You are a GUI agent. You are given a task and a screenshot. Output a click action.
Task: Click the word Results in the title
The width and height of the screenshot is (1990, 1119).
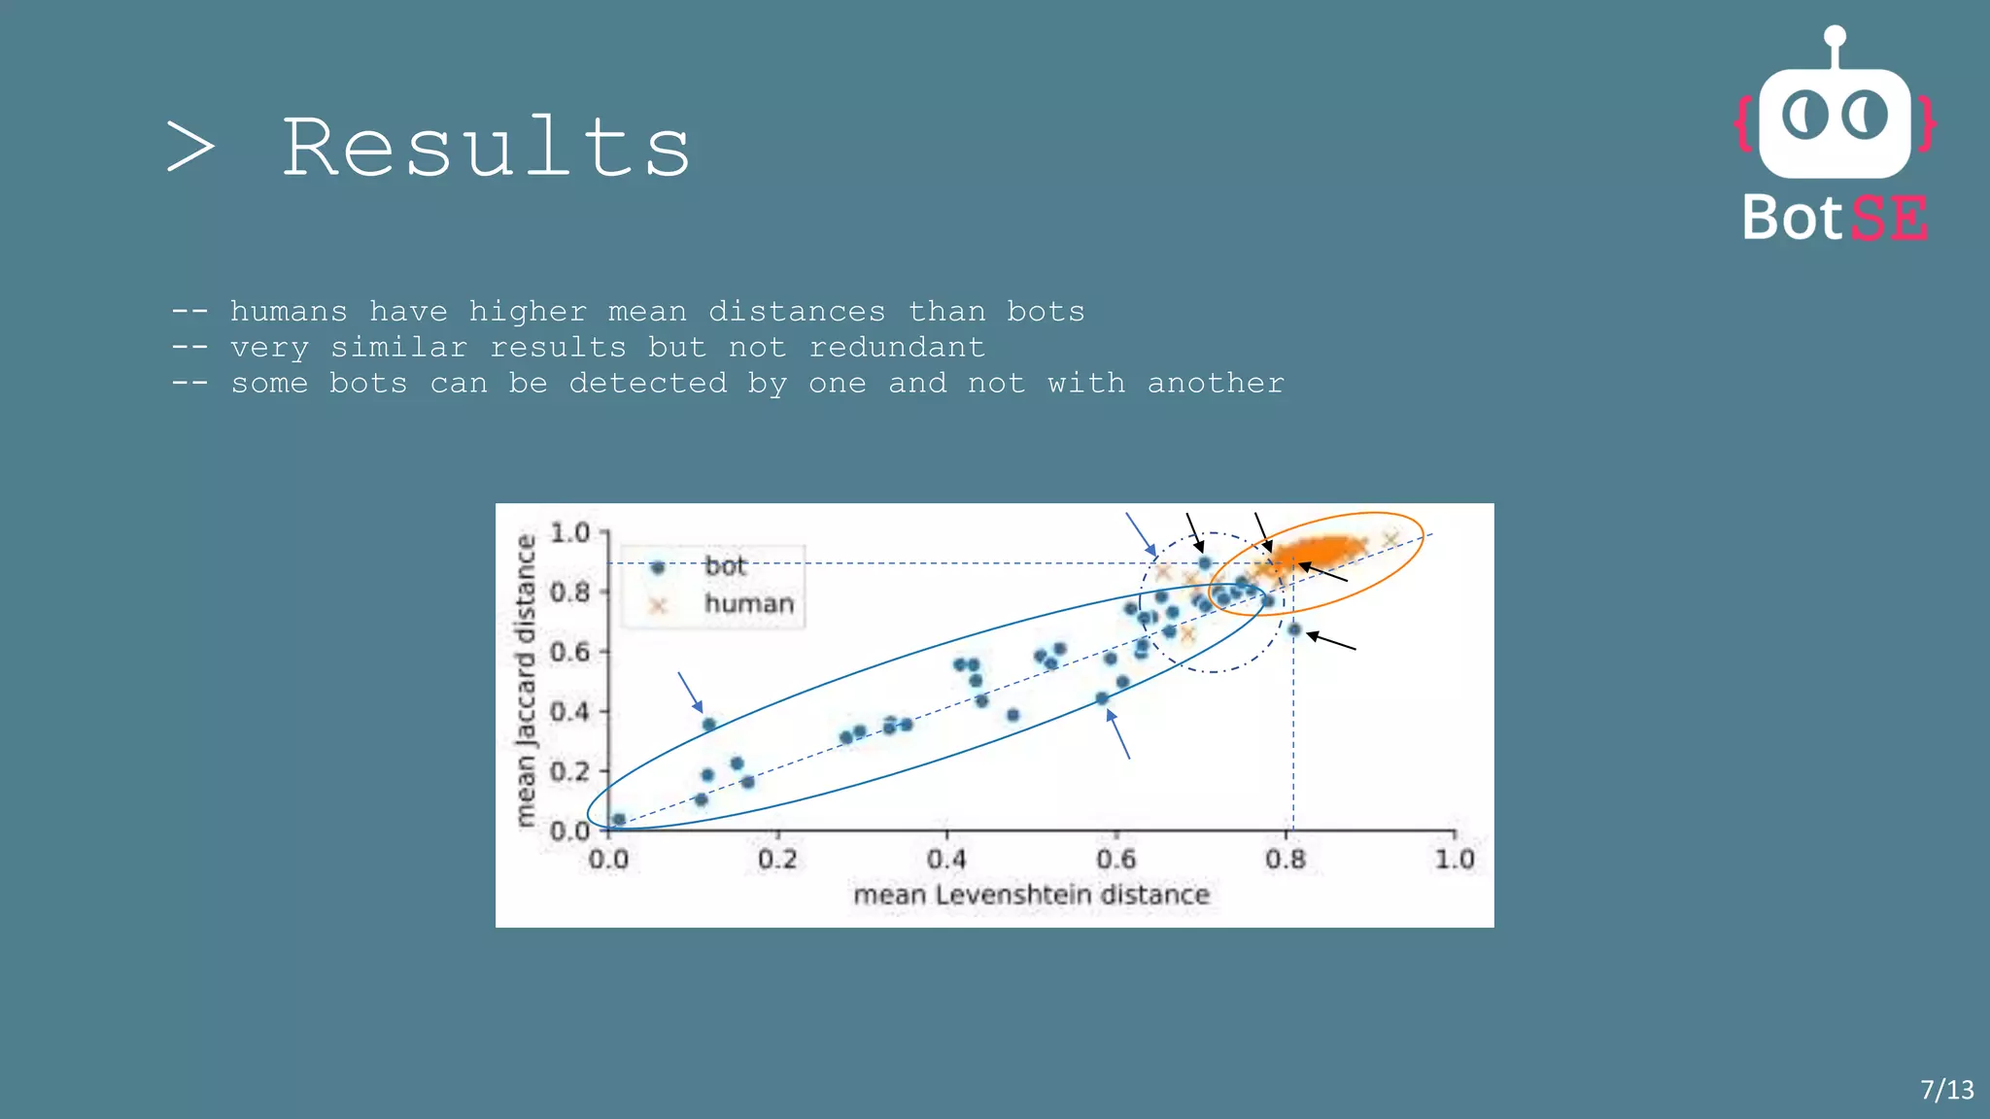(x=486, y=148)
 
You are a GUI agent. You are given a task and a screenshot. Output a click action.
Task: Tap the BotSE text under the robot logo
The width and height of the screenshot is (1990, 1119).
(x=1835, y=218)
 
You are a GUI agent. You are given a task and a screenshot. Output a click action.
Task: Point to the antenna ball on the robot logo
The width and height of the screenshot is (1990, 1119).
(x=1835, y=37)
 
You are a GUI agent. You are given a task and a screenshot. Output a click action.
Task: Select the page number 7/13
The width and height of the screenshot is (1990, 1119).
(x=1946, y=1089)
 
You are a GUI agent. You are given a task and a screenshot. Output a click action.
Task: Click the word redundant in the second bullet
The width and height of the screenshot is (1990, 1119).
(x=896, y=347)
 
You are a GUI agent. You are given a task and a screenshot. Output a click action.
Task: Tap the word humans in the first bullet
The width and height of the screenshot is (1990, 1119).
(x=289, y=311)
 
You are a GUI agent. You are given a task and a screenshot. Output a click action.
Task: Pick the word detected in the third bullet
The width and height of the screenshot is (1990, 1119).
(x=647, y=383)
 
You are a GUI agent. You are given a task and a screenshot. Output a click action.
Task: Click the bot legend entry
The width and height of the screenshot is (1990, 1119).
(x=724, y=566)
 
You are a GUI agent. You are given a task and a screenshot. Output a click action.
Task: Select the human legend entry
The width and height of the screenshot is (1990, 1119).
(x=748, y=604)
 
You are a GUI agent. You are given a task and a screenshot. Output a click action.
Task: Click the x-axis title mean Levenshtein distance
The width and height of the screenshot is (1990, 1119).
(x=1031, y=894)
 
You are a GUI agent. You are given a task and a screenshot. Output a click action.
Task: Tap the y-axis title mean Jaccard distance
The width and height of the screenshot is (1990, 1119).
(x=526, y=680)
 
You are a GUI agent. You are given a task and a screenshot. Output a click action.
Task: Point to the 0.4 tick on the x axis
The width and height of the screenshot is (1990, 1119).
(x=946, y=859)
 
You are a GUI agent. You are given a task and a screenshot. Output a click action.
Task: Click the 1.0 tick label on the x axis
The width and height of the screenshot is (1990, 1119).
(x=1454, y=859)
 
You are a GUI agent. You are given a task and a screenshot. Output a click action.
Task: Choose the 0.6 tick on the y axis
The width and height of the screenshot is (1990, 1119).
(x=570, y=652)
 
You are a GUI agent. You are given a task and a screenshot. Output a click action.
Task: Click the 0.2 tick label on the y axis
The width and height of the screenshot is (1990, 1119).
(x=570, y=771)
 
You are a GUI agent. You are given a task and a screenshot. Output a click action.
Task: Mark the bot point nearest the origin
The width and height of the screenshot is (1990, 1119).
(x=619, y=820)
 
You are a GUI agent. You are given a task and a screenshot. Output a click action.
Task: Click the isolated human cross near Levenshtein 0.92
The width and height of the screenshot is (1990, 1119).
(x=1390, y=539)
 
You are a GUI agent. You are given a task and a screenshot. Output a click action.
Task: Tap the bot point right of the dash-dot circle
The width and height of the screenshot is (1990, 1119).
(x=1294, y=629)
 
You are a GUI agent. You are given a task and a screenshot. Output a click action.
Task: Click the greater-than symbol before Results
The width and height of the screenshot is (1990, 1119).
(x=190, y=148)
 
